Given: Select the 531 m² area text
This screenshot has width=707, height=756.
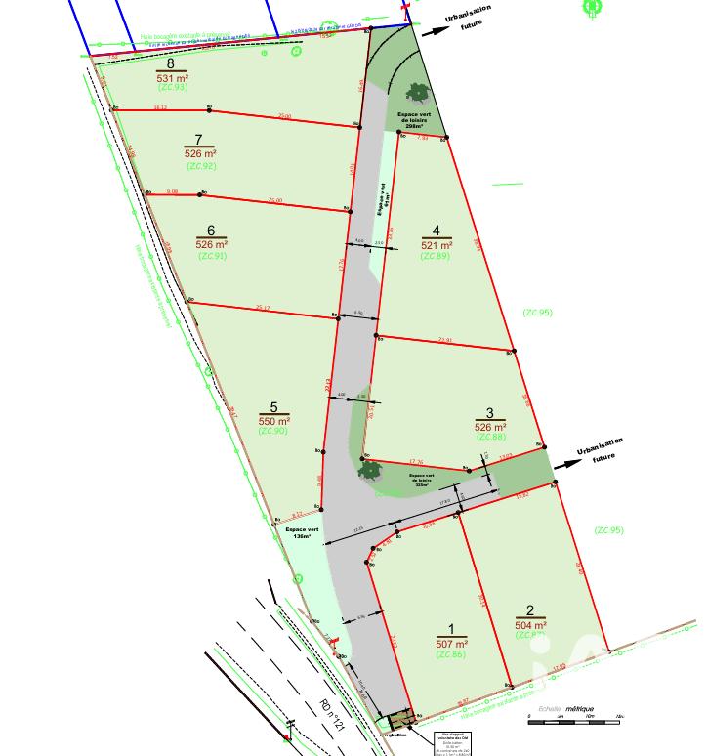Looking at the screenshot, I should pyautogui.click(x=172, y=76).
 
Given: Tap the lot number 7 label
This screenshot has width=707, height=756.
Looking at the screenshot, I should pyautogui.click(x=198, y=141).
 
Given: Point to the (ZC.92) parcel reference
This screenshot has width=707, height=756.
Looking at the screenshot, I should pyautogui.click(x=200, y=165).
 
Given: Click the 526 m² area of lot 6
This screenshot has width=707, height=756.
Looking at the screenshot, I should pyautogui.click(x=212, y=244).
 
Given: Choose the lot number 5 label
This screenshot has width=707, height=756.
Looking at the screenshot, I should pyautogui.click(x=274, y=407).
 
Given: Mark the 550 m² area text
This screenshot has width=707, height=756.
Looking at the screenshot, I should pyautogui.click(x=274, y=420).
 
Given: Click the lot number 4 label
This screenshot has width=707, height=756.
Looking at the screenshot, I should pyautogui.click(x=437, y=231).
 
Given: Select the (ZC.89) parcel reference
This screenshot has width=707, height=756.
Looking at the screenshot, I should pyautogui.click(x=436, y=256).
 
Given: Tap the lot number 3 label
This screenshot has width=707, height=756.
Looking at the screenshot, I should pyautogui.click(x=490, y=413).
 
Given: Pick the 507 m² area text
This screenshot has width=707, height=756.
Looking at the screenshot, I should pyautogui.click(x=452, y=644).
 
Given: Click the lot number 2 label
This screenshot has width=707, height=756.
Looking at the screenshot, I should pyautogui.click(x=530, y=611).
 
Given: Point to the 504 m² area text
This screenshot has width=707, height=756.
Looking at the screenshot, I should pyautogui.click(x=530, y=624).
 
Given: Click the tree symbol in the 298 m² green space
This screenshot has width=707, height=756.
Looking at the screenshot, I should pyautogui.click(x=418, y=93).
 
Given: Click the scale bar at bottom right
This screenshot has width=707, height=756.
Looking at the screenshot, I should pyautogui.click(x=574, y=720).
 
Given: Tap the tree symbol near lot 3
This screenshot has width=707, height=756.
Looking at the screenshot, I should pyautogui.click(x=370, y=470).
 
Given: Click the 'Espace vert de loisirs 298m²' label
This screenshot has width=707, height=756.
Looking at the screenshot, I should pyautogui.click(x=414, y=120).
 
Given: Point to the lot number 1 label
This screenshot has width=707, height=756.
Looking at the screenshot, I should pyautogui.click(x=451, y=630).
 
